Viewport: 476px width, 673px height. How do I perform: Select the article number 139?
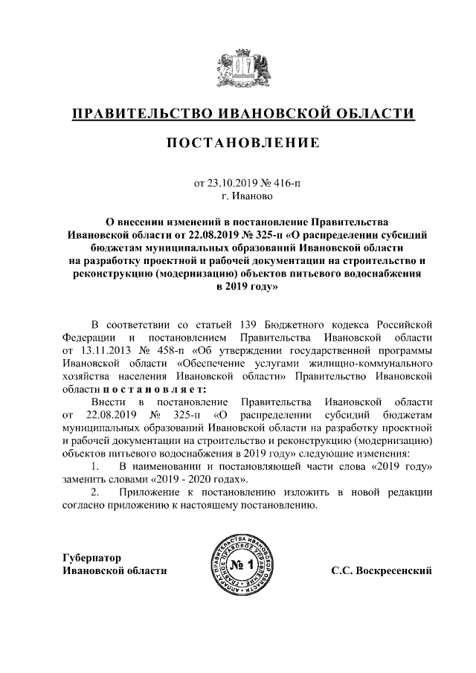point(249,325)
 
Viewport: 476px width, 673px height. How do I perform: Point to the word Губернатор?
point(92,558)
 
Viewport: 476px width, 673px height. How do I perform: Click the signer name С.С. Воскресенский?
point(382,571)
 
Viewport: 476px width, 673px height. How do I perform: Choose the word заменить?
point(88,478)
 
